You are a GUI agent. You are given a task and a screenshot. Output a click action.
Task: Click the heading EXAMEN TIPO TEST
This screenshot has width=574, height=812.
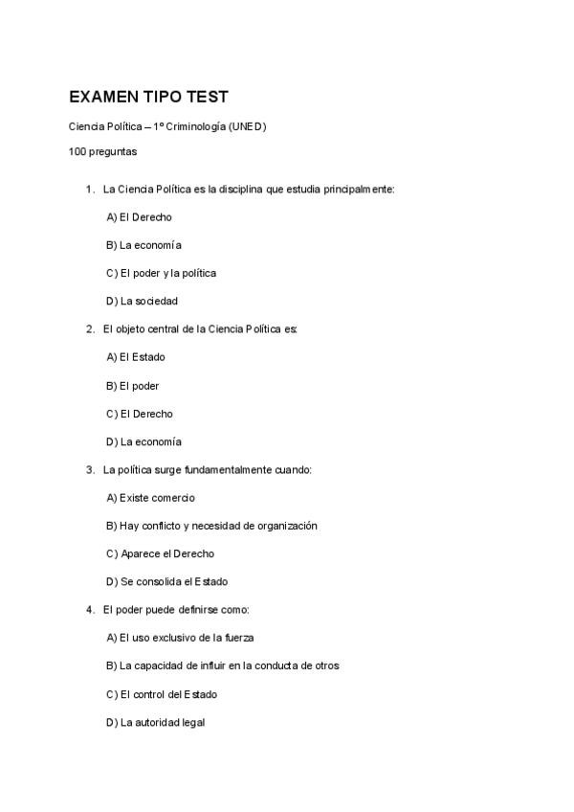[148, 98]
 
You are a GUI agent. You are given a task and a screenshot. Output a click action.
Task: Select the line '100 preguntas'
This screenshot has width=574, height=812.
[102, 151]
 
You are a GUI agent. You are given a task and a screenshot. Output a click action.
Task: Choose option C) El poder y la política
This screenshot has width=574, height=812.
[161, 273]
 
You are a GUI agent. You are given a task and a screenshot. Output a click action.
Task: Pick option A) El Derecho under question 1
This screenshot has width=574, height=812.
[139, 217]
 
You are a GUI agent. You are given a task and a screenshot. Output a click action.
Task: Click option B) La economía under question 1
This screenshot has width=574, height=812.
[143, 245]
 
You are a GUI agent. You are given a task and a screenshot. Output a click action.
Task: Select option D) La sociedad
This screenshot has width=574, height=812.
[142, 301]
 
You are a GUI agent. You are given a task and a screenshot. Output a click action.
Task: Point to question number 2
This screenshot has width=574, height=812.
[89, 329]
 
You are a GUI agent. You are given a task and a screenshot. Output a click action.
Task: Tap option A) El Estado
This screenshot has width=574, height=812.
[136, 357]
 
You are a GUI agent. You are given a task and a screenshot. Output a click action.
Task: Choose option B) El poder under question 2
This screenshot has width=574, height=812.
[132, 386]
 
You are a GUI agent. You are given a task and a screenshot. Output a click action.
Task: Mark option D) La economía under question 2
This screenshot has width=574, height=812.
[143, 442]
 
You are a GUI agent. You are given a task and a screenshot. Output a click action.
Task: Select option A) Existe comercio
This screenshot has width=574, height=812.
[150, 498]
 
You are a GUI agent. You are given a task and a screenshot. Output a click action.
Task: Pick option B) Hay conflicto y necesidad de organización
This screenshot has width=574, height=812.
[211, 526]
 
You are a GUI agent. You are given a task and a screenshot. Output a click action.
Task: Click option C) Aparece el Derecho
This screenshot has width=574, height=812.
[160, 553]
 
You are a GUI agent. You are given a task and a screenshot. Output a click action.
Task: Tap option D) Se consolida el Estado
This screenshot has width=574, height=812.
[166, 581]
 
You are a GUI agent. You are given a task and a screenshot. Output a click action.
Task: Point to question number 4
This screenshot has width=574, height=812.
[89, 610]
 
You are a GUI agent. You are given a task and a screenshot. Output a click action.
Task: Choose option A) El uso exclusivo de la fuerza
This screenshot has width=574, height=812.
[180, 638]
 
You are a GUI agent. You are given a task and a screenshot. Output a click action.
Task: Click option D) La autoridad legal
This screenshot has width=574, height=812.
[155, 722]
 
